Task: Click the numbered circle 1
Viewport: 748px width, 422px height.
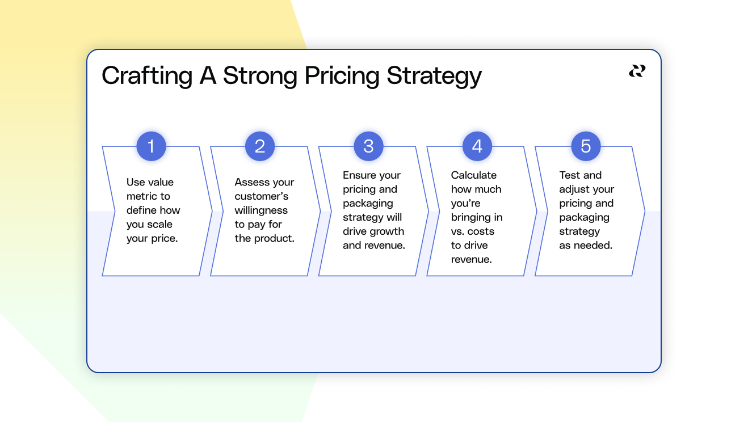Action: (x=151, y=146)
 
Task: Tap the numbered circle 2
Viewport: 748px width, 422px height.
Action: (x=259, y=146)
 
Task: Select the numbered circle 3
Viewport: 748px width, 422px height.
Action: (x=368, y=146)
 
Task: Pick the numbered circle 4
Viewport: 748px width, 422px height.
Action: (x=477, y=146)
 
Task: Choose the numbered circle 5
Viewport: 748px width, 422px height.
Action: (x=586, y=146)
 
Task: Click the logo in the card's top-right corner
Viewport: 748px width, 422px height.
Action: (x=637, y=71)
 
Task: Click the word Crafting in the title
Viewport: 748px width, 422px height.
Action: (x=147, y=76)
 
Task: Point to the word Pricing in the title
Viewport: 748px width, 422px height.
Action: (x=342, y=76)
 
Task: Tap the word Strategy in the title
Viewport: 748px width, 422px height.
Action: (x=434, y=76)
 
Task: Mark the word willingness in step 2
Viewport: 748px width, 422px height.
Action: (x=261, y=210)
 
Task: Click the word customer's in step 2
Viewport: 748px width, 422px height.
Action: (x=262, y=196)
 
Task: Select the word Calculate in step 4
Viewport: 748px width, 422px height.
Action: (x=474, y=175)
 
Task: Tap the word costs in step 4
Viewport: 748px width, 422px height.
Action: (x=481, y=231)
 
